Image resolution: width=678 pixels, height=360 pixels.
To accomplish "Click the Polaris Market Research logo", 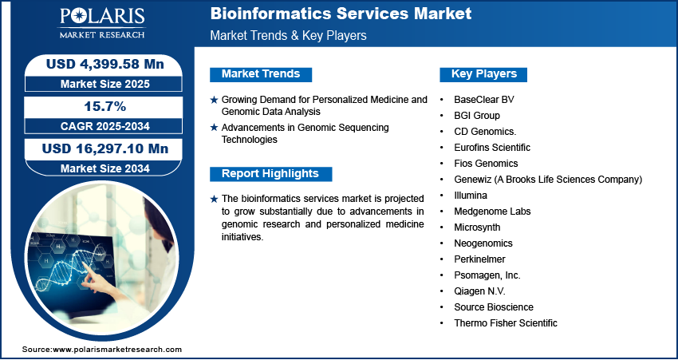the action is [102, 23].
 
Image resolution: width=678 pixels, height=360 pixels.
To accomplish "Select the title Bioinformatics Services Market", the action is [341, 14].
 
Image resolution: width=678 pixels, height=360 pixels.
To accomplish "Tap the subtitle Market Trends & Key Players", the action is [289, 35].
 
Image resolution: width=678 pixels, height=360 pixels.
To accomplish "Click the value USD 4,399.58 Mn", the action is [105, 64].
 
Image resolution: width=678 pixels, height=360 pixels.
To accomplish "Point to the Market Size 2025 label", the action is [105, 84].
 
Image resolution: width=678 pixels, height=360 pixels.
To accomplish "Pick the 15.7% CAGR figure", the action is [106, 106].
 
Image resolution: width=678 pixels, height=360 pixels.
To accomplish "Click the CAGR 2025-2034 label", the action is [105, 126].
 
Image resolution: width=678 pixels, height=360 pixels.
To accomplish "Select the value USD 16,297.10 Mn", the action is [105, 148].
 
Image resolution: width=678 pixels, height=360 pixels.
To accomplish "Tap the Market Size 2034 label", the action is [105, 168].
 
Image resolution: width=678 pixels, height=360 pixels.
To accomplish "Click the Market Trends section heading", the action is [261, 74].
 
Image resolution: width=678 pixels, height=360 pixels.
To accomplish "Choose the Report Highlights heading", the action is [270, 174].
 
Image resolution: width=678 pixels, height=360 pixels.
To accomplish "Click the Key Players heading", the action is [484, 74].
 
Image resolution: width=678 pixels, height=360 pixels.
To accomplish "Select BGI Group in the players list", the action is [477, 116].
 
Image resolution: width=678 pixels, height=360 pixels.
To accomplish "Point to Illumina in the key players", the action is [471, 195].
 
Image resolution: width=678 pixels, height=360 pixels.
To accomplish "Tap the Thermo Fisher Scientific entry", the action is [506, 322].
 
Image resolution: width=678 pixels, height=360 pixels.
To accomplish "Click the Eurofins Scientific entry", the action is [492, 148].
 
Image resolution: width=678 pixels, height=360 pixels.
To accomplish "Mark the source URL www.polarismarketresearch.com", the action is [117, 350].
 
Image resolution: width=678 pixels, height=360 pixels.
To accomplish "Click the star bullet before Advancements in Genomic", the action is [214, 128].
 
